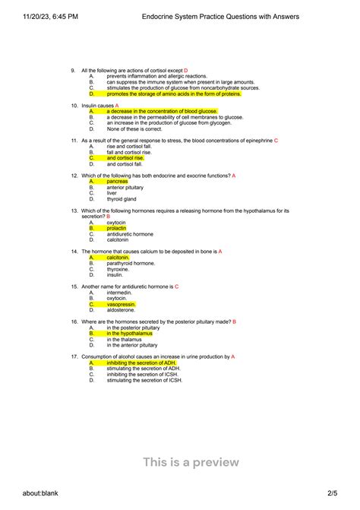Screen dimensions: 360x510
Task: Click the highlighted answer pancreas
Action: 117,182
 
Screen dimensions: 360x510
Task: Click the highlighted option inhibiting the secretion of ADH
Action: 141,363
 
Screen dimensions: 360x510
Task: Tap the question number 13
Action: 74,211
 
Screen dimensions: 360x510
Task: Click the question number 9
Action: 73,70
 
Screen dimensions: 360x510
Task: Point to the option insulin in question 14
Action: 115,275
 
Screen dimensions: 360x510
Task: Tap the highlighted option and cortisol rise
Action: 125,158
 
